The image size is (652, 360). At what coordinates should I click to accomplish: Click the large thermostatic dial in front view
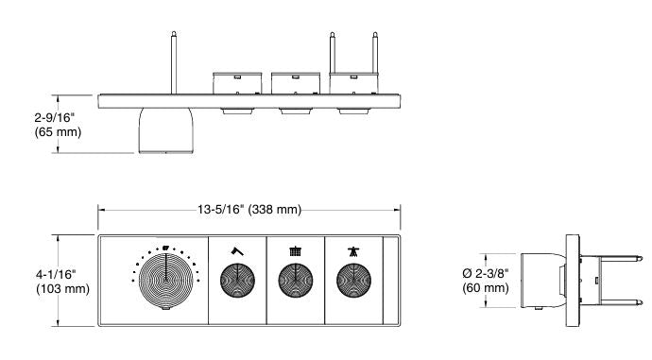[x=165, y=281]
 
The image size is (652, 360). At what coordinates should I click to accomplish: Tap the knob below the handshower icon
[x=238, y=281]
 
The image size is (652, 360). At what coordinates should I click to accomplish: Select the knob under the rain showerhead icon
[x=296, y=281]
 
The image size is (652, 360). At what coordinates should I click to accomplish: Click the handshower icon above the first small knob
[x=238, y=251]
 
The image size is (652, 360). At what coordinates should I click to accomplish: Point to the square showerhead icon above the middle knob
[x=296, y=251]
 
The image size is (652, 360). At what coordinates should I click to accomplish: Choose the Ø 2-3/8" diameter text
[x=487, y=274]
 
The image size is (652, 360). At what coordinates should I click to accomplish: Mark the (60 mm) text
[x=485, y=288]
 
